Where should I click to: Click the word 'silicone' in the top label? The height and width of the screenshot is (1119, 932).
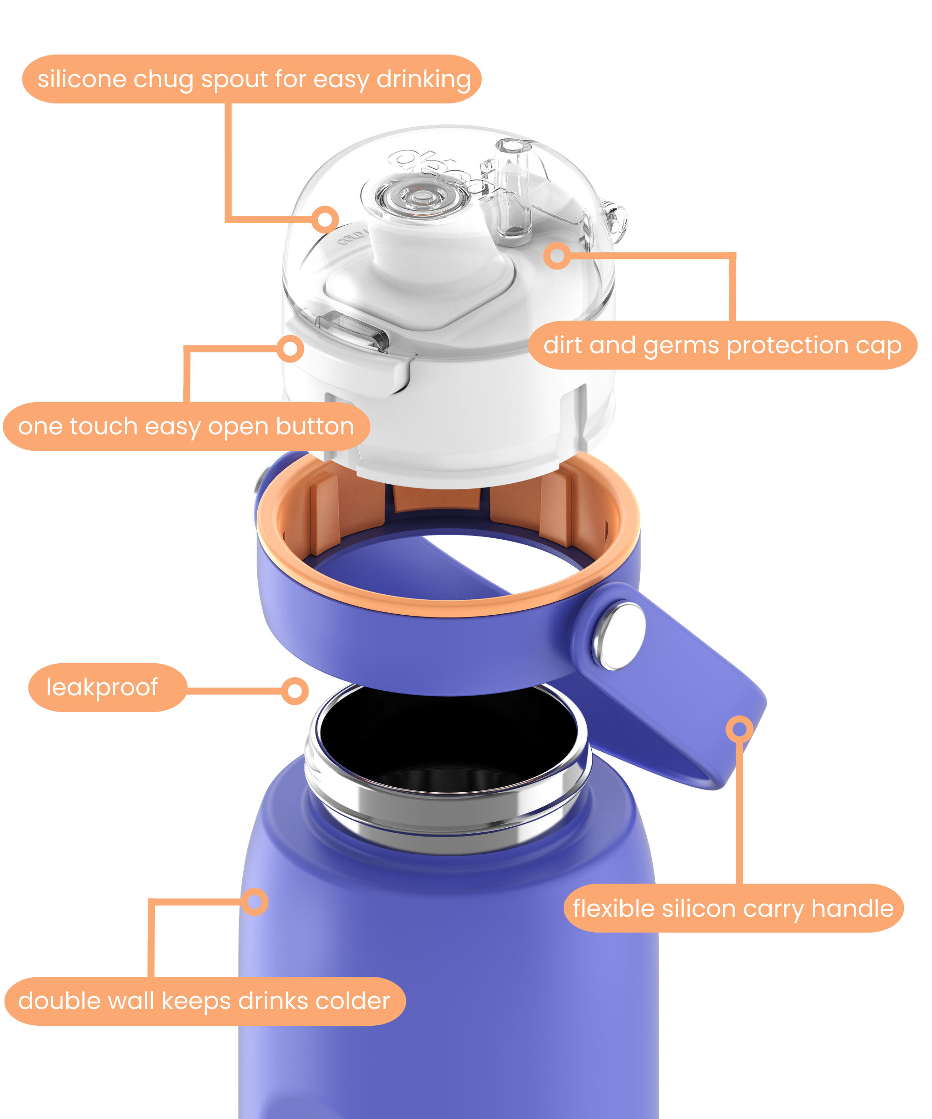82,79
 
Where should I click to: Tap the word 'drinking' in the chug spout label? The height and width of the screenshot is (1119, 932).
424,79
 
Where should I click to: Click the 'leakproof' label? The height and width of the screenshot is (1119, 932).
102,687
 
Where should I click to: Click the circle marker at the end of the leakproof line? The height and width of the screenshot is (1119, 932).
295,691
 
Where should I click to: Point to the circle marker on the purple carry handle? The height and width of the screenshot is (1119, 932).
739,728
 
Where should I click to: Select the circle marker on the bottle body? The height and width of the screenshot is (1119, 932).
255,902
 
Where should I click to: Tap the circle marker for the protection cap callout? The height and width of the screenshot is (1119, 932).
557,256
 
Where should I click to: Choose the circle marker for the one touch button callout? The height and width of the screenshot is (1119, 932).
290,349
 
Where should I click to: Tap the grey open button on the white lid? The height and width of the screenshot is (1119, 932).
352,330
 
